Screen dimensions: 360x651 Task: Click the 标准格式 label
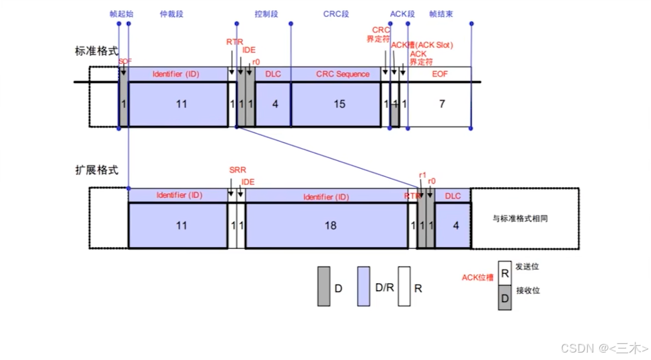pyautogui.click(x=96, y=51)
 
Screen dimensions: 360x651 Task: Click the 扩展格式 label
pyautogui.click(x=96, y=170)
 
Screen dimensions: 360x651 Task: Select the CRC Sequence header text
pyautogui.click(x=342, y=74)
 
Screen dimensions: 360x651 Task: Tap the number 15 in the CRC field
pyautogui.click(x=339, y=104)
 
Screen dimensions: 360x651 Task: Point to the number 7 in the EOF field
pyautogui.click(x=441, y=104)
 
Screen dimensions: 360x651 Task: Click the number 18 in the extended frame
pyautogui.click(x=330, y=226)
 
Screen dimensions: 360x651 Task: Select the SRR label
pyautogui.click(x=236, y=170)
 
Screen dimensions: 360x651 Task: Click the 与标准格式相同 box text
pyautogui.click(x=525, y=219)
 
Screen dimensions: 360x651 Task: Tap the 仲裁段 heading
pyautogui.click(x=171, y=13)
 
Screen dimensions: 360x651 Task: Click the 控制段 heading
pyautogui.click(x=266, y=13)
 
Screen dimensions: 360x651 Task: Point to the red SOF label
pyautogui.click(x=125, y=61)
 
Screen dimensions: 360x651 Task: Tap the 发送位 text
pyautogui.click(x=527, y=266)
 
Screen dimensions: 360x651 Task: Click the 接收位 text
pyautogui.click(x=527, y=291)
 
